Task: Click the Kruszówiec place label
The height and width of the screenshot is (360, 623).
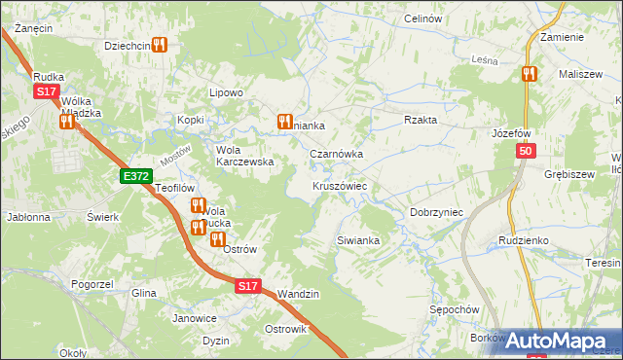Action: point(339,185)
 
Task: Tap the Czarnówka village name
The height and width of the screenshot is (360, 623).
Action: point(336,154)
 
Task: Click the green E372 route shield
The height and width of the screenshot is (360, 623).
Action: point(135,176)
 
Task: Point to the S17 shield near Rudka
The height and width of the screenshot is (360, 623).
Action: point(46,91)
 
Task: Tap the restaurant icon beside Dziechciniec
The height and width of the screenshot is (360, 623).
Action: point(161,45)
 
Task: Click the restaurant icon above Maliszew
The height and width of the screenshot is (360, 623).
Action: point(529,74)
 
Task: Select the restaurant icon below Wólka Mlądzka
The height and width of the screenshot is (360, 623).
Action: point(66,123)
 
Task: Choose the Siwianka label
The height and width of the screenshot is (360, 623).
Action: point(356,239)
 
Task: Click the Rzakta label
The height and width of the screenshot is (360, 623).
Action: point(421,120)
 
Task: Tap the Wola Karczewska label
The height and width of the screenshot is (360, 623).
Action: point(243,156)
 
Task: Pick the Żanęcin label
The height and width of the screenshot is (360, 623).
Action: point(33,28)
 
